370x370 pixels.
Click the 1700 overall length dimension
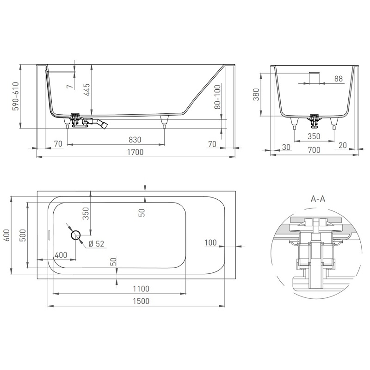135,152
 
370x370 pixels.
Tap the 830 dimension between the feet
135,140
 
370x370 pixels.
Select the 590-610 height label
16,96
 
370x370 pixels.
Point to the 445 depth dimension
86,89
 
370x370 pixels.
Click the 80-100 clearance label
217,97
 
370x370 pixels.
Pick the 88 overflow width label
339,79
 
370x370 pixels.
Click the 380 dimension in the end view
256,94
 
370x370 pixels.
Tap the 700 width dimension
314,150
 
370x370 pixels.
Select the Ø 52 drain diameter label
96,244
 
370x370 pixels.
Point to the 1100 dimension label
141,289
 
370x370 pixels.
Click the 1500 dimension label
141,301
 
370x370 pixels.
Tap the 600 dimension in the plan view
7,235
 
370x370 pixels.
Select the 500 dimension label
23,235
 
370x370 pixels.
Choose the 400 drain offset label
61,255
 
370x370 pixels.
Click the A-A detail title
318,199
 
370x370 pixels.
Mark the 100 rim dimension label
210,242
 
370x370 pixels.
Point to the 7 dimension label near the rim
70,86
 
